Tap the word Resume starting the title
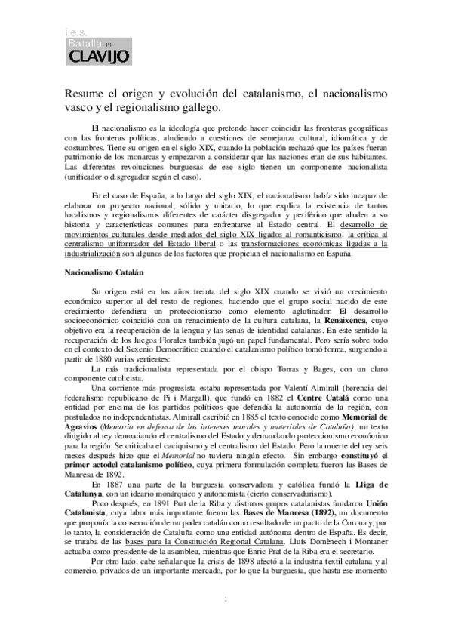click(x=83, y=94)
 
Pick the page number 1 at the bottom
click(x=226, y=621)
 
